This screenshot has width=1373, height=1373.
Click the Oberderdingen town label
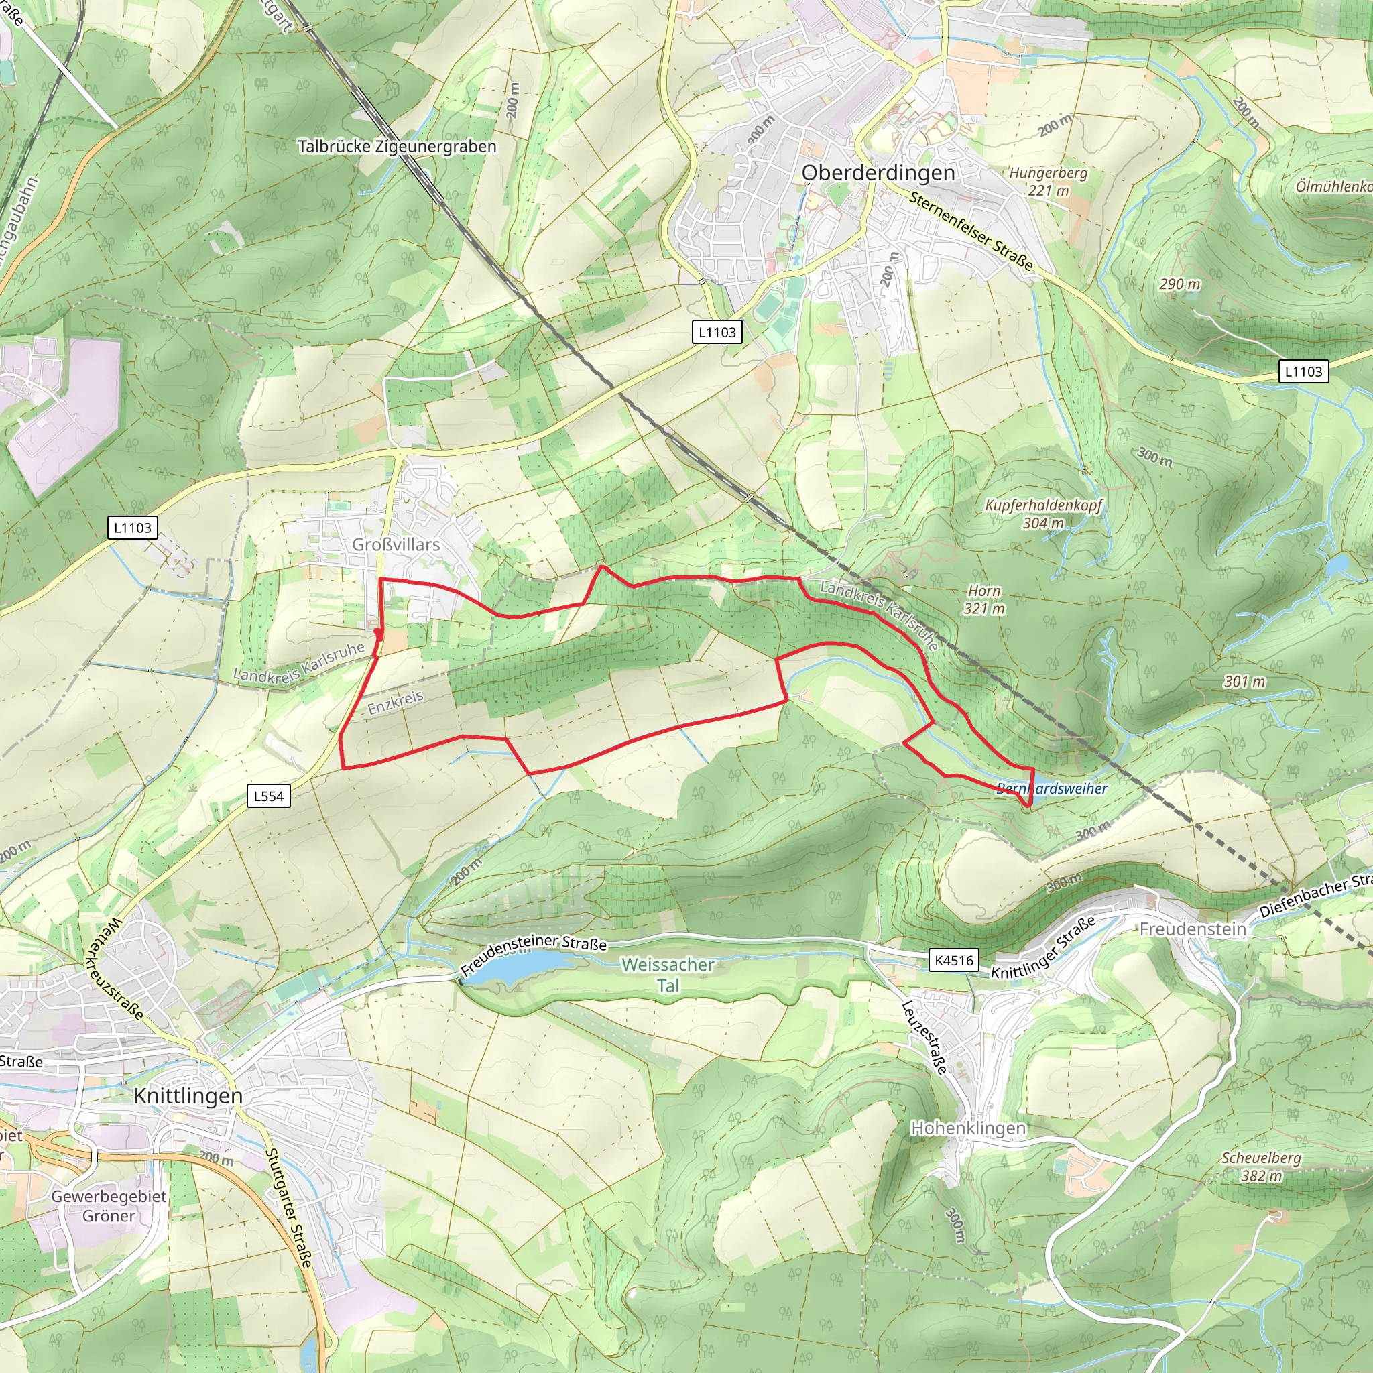878,173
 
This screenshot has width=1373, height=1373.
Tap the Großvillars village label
396,544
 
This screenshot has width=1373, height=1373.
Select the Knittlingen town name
188,1095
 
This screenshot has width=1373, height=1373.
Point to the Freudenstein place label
1193,929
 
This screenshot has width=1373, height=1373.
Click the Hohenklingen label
968,1128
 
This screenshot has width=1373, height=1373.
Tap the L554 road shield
269,796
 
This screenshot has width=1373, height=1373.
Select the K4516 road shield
954,960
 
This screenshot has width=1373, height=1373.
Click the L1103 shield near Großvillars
132,528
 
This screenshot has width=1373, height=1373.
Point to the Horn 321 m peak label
983,599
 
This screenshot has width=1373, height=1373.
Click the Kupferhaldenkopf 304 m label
1043,514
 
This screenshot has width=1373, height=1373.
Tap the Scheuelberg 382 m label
1262,1167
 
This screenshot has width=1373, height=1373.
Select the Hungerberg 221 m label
1049,181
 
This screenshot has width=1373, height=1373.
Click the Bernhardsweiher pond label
1052,788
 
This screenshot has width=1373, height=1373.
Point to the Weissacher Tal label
667,974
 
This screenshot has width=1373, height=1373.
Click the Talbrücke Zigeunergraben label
397,146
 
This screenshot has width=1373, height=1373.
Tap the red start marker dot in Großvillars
377,631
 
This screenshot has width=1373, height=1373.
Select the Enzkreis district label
395,701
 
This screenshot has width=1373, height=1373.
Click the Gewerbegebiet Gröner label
109,1206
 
